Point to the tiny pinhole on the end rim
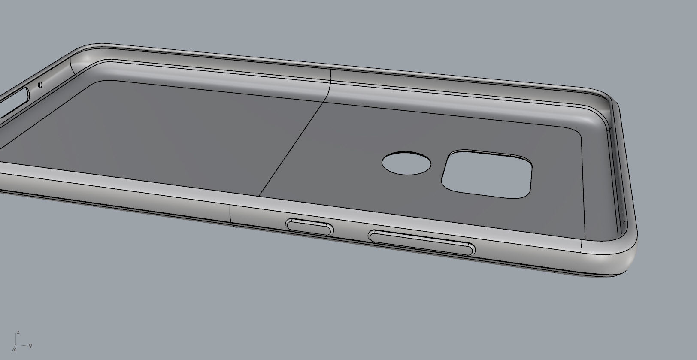pos(40,84)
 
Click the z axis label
pos(18,333)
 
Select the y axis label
pos(30,345)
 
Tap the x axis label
pos(14,350)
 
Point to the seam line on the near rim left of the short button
pos(230,214)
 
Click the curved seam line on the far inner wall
pos(330,86)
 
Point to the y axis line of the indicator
pos(23,345)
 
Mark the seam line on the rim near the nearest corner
pos(582,247)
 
